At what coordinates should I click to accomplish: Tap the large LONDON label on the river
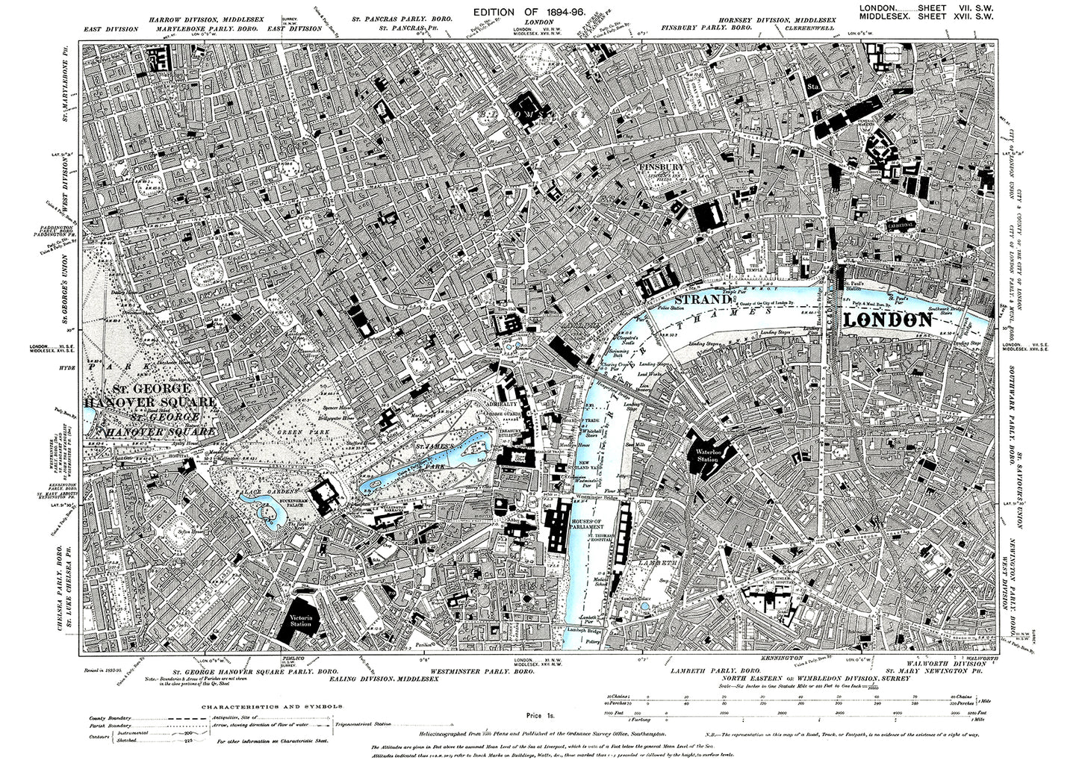point(888,320)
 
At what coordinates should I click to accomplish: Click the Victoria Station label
point(300,620)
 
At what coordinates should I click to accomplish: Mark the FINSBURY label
point(659,167)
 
